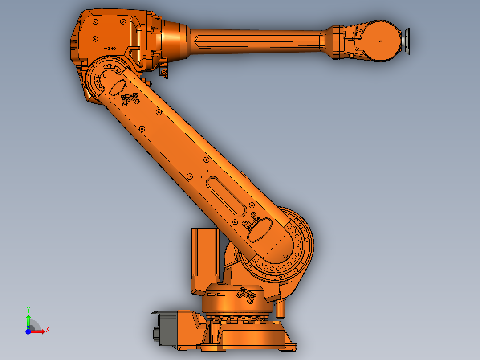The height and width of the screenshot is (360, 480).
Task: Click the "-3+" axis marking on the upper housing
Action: [109, 48]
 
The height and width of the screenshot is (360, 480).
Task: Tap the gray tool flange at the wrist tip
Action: [407, 41]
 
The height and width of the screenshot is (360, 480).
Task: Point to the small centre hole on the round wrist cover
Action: [381, 41]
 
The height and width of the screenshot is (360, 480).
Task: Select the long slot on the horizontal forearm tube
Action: [258, 42]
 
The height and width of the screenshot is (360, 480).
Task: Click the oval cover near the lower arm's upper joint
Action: [118, 86]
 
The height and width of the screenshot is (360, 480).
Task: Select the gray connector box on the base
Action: [166, 329]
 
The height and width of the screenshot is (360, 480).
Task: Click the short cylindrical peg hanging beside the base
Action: [280, 308]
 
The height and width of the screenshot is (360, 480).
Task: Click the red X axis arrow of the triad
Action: [38, 331]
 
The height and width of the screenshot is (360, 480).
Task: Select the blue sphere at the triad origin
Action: [28, 331]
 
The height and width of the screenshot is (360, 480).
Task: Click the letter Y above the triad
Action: [28, 309]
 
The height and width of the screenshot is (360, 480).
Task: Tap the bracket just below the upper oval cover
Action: [129, 99]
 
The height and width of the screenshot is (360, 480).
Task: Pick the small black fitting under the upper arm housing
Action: [164, 72]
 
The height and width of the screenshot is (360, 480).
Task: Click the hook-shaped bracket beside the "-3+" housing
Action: [133, 53]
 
